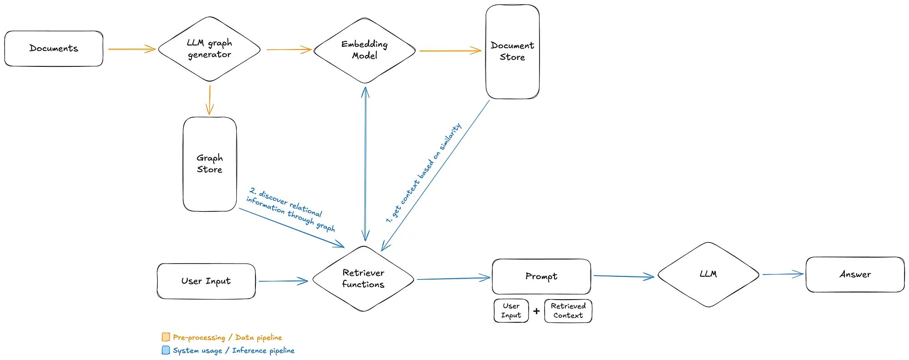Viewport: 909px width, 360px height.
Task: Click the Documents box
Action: click(54, 49)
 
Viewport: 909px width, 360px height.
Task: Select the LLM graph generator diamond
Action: click(210, 49)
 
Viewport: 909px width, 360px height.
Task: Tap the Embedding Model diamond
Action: click(365, 50)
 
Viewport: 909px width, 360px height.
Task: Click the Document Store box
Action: click(512, 52)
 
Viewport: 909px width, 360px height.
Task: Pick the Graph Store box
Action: click(210, 164)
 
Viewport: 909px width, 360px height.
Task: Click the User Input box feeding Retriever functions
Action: click(206, 281)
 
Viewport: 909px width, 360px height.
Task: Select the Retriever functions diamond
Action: click(363, 279)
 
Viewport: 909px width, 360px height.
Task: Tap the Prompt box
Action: click(541, 276)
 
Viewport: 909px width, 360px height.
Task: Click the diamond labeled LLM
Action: click(708, 275)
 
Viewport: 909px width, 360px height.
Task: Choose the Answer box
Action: click(855, 275)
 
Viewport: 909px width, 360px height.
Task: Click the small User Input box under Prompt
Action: click(511, 311)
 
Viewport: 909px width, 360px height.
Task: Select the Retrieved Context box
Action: click(568, 311)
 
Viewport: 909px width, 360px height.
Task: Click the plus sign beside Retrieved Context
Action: click(536, 311)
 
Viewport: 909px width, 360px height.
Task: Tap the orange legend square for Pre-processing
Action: click(166, 337)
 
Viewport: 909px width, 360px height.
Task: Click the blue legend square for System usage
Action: click(166, 350)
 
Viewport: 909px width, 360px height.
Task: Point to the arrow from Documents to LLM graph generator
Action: click(132, 49)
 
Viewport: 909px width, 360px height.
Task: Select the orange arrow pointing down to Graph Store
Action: click(210, 100)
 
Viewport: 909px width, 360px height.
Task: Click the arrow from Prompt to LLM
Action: click(624, 276)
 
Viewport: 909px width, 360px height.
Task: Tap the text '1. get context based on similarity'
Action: click(424, 173)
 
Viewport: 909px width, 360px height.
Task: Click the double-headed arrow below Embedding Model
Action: click(365, 164)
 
